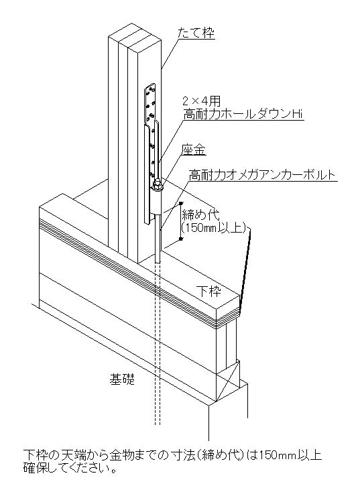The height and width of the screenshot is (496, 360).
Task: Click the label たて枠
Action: (196, 33)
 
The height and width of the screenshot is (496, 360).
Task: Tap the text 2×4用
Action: (202, 101)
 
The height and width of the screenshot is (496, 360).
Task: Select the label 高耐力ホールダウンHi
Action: (243, 114)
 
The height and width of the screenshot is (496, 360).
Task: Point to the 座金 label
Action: (194, 150)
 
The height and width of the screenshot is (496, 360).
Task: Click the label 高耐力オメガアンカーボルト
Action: (262, 175)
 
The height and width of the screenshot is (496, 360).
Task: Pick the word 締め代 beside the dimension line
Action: (200, 215)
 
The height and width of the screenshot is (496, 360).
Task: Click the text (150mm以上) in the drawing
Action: (214, 228)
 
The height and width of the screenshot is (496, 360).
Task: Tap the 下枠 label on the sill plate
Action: (208, 291)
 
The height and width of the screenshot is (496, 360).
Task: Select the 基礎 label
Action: (122, 379)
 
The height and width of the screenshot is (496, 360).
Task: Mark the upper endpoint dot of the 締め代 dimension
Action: (180, 202)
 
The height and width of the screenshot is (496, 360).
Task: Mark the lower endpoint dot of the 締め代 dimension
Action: (180, 239)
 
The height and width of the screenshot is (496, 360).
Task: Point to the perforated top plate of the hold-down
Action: (150, 103)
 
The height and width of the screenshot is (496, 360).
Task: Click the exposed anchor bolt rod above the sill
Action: (158, 237)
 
